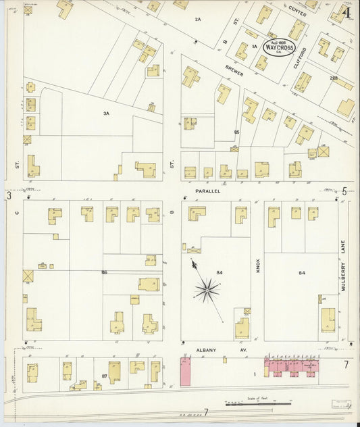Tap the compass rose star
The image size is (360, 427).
pyautogui.click(x=207, y=291)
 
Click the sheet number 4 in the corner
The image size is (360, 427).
pyautogui.click(x=346, y=11)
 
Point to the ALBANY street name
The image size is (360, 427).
pyautogui.click(x=206, y=349)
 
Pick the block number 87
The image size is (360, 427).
pyautogui.click(x=104, y=374)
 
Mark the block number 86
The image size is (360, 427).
pyautogui.click(x=104, y=272)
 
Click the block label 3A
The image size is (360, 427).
pyautogui.click(x=106, y=114)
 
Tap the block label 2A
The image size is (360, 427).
pyautogui.click(x=198, y=19)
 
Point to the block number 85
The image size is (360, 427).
pyautogui.click(x=236, y=131)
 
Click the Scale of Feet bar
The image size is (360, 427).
pyautogui.click(x=257, y=404)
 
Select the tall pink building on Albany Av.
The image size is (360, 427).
pyautogui.click(x=185, y=372)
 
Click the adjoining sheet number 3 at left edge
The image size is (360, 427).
pyautogui.click(x=9, y=196)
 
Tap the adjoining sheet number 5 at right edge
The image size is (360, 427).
pyautogui.click(x=344, y=191)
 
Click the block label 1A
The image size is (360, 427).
pyautogui.click(x=255, y=47)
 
